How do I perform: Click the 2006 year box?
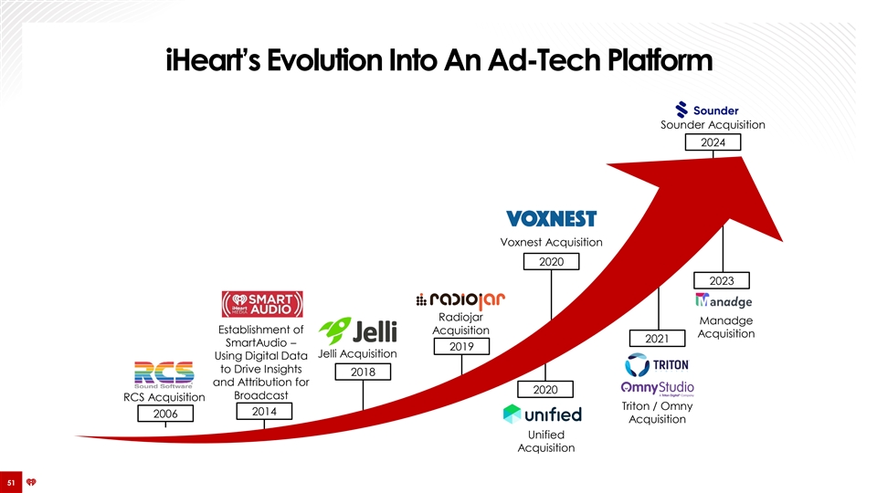[165, 414]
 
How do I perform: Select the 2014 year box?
[264, 412]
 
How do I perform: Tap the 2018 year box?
[363, 372]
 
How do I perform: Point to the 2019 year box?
[461, 347]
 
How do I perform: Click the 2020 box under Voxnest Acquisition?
[552, 262]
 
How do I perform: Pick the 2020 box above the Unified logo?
[545, 390]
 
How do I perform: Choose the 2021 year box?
[657, 338]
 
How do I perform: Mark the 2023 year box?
[722, 280]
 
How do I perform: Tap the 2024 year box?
[713, 142]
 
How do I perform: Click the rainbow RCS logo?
[164, 374]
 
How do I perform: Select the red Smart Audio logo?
[262, 304]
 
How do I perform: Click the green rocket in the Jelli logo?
[334, 330]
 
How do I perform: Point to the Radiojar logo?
[460, 300]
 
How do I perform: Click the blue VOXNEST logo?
[552, 218]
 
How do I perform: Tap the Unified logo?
[543, 414]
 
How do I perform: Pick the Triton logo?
[657, 365]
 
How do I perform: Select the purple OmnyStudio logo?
[657, 388]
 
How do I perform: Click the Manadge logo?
[724, 300]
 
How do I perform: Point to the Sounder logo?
[707, 110]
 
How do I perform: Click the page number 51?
[11, 482]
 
